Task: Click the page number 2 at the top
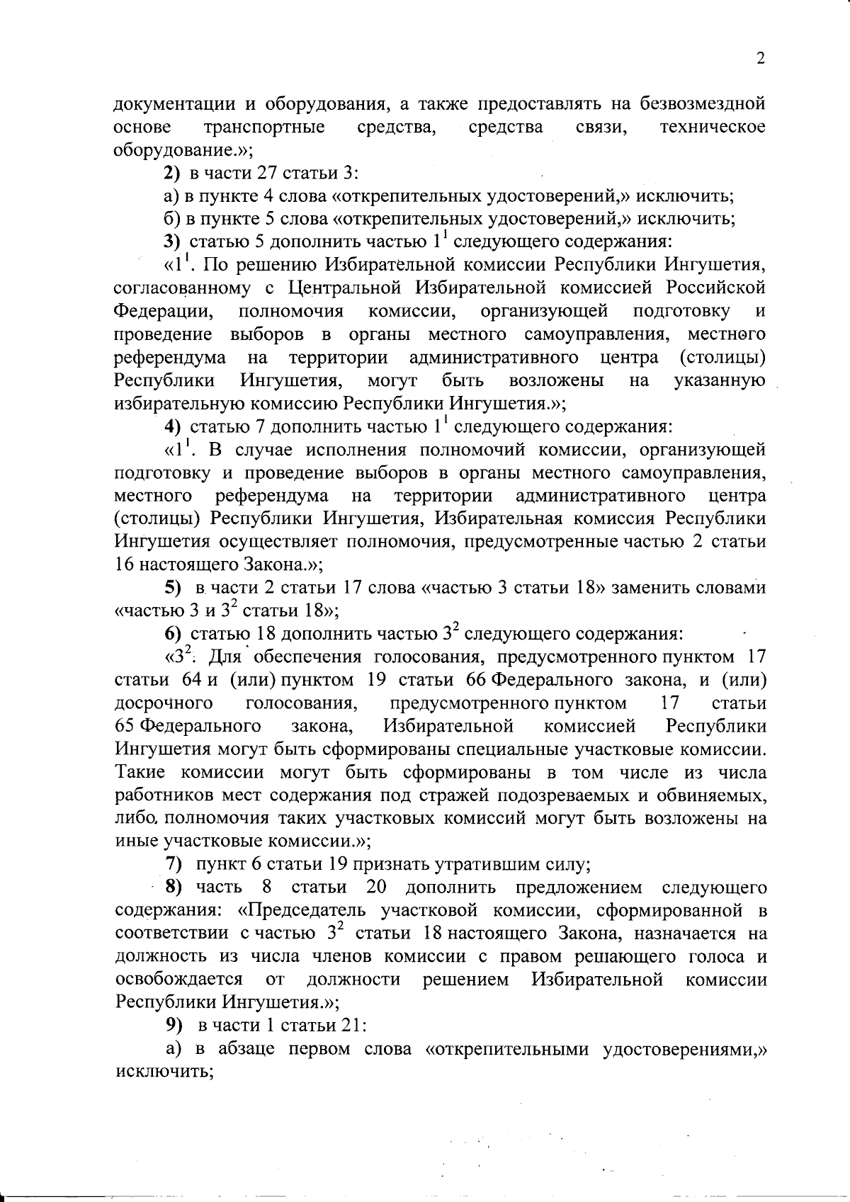coord(761,59)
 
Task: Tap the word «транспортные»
coord(264,127)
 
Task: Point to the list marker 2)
coord(172,174)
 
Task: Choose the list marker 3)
coord(172,242)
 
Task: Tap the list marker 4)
coord(172,427)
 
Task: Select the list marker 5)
coord(173,589)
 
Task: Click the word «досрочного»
coord(164,703)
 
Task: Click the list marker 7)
coord(173,864)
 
